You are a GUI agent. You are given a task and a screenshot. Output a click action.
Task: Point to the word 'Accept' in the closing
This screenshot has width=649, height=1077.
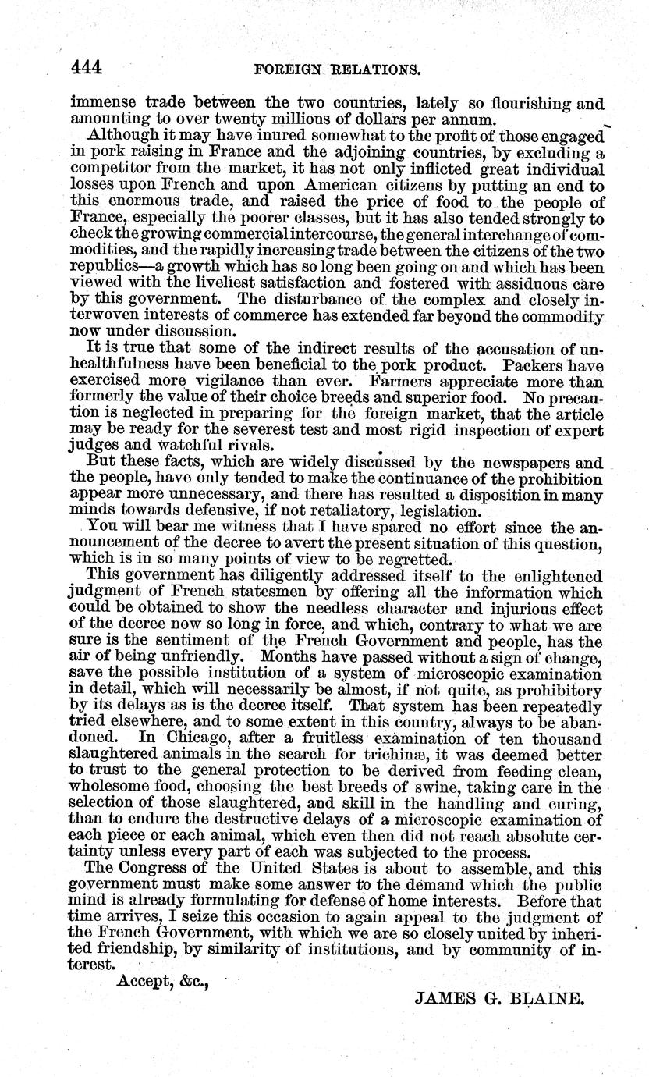click(140, 981)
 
